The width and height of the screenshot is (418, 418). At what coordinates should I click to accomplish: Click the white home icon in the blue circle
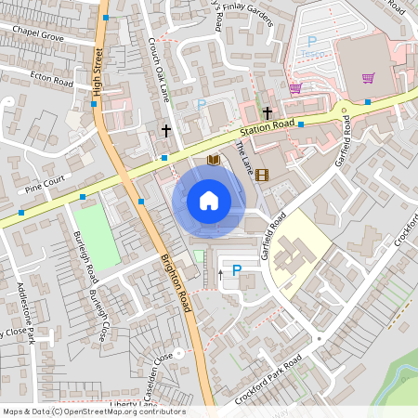pos(208,201)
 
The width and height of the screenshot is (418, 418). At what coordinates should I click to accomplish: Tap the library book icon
pos(214,161)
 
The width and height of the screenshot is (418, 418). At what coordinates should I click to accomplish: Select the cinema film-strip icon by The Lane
pos(261,174)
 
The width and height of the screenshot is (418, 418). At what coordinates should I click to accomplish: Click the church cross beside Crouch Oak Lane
pos(166,131)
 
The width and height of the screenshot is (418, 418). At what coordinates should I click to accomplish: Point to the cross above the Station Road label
pos(268,112)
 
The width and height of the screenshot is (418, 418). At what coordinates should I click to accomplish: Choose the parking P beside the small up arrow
pos(236,270)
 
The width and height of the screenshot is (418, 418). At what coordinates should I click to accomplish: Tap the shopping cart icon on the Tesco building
pos(369,78)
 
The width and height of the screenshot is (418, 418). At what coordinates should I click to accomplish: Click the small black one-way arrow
pos(220,273)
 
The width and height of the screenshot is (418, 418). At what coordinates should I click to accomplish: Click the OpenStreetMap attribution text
pos(93,411)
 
